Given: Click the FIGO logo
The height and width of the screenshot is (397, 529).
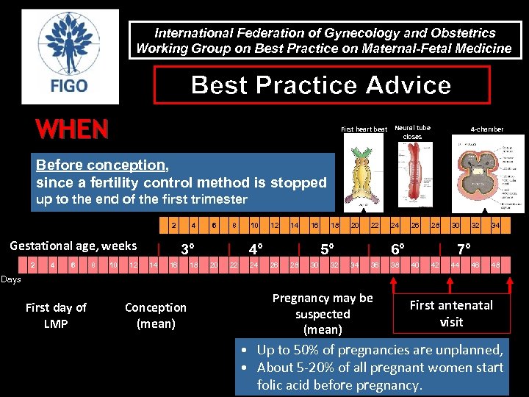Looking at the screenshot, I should click(x=70, y=57).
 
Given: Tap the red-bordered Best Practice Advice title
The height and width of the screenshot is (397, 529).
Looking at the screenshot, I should click(x=321, y=85).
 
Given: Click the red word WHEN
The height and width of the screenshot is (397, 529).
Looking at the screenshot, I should click(x=72, y=130).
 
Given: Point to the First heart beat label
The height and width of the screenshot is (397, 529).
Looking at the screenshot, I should click(x=364, y=129).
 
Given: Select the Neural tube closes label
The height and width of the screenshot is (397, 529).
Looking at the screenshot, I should click(x=412, y=132).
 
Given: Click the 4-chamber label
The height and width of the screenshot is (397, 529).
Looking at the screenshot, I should click(x=487, y=129).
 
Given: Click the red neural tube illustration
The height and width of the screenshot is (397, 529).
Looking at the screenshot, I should click(x=411, y=176).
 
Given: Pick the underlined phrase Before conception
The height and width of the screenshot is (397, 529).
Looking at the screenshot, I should click(x=101, y=165).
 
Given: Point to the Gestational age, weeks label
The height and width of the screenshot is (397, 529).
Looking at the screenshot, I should click(x=73, y=246).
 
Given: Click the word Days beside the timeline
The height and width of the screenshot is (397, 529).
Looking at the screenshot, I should click(x=11, y=279).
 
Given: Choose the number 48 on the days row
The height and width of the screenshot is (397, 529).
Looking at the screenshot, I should click(x=495, y=265).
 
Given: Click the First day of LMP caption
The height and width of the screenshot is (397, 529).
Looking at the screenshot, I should click(x=56, y=315).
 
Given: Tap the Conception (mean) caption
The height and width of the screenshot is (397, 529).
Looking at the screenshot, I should click(x=156, y=315).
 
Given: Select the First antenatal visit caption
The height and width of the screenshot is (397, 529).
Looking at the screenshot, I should click(x=451, y=313).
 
